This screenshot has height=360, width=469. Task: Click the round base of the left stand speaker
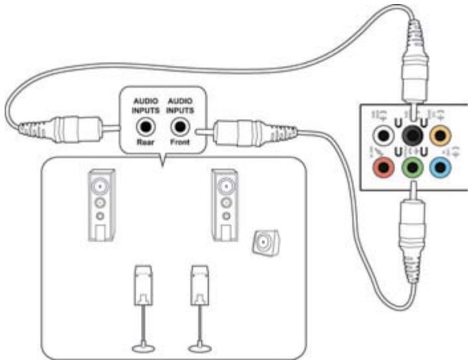click(143, 346)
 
